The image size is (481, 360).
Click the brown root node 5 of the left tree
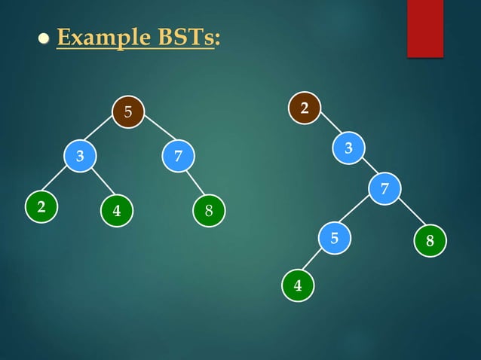[x=128, y=112]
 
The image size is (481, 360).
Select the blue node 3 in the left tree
[x=79, y=157]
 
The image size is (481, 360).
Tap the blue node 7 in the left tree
[x=178, y=157]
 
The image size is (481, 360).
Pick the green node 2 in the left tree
[x=41, y=207]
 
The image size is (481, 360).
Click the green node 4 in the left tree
[x=117, y=211]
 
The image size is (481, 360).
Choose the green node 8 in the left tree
[x=209, y=211]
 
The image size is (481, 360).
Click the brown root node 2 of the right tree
[x=305, y=108]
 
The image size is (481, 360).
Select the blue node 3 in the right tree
[x=348, y=148]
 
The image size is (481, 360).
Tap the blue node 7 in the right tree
[x=384, y=188]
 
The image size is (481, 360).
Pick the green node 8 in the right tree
[x=430, y=241]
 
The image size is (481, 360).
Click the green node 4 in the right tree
[x=298, y=285]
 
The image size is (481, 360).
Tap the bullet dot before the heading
[x=44, y=38]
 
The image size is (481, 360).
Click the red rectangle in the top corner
[x=425, y=28]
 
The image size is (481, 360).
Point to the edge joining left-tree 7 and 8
[x=195, y=185]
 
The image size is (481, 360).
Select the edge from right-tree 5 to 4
[x=316, y=263]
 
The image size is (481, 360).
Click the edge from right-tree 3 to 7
[x=367, y=167]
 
